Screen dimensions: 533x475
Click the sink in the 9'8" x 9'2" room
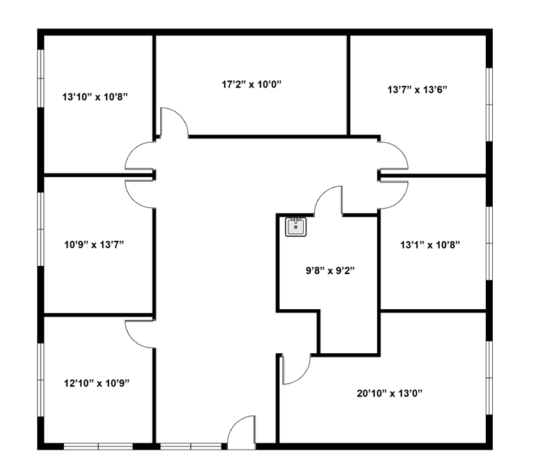click(x=296, y=227)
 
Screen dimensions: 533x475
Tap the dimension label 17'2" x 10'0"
click(x=252, y=84)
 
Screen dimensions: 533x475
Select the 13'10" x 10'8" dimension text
click(x=95, y=97)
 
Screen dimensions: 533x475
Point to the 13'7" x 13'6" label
click(x=417, y=90)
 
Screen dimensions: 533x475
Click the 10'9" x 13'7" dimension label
click(x=94, y=244)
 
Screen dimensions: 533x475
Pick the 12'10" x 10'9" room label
click(x=97, y=383)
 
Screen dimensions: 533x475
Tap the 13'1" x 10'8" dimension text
click(x=430, y=245)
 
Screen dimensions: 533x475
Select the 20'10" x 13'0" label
click(x=389, y=393)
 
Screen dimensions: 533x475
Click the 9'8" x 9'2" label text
click(x=331, y=270)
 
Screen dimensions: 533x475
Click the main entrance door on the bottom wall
click(x=241, y=432)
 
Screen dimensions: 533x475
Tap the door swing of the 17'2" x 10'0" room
click(x=174, y=122)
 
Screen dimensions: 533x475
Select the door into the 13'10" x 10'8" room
click(x=140, y=156)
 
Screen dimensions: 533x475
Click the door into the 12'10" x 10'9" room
click(x=140, y=334)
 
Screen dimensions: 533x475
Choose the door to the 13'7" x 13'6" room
click(x=393, y=156)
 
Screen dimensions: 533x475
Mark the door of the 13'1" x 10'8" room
click(x=393, y=195)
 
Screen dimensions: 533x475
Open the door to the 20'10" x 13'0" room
click(x=296, y=369)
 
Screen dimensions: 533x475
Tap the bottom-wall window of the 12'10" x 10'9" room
click(x=98, y=446)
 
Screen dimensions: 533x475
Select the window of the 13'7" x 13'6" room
click(x=489, y=105)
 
